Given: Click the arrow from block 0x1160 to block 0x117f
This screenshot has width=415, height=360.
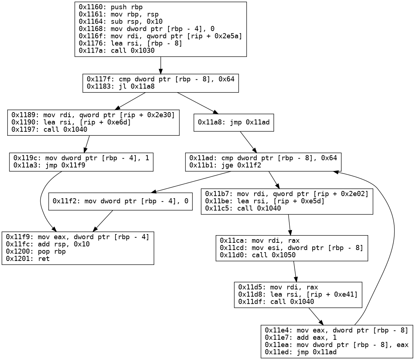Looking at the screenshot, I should [160, 65].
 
